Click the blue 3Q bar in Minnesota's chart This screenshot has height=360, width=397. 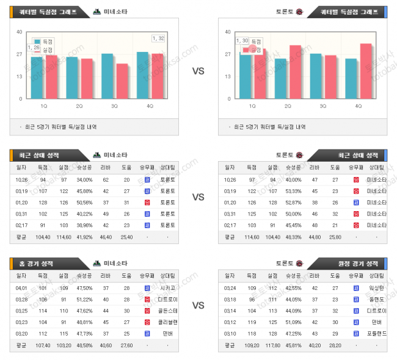[x=107, y=76]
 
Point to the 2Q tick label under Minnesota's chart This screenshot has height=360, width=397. [x=79, y=106]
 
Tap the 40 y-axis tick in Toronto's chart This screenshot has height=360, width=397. [x=228, y=32]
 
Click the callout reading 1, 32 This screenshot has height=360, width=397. [x=158, y=38]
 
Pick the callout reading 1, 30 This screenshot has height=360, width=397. [x=242, y=41]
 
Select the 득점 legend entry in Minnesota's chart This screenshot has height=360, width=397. [x=43, y=41]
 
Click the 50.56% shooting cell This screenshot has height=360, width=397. [x=85, y=203]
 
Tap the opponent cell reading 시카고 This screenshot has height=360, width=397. [x=167, y=287]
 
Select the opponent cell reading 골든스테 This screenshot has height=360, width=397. [x=167, y=310]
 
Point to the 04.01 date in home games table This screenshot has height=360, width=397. [x=21, y=287]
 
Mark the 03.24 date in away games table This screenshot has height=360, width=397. [x=230, y=287]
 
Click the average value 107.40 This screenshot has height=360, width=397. [x=43, y=345]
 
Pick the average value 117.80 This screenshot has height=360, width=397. [x=272, y=345]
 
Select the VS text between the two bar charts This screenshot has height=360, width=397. [x=198, y=71]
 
